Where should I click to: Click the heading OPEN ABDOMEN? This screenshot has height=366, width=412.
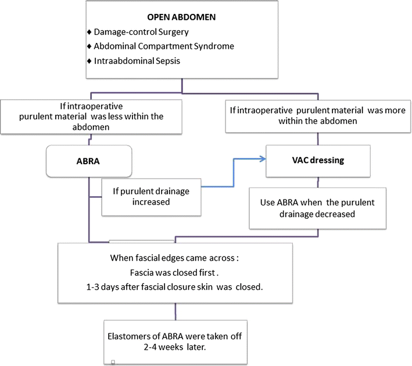pyautogui.click(x=182, y=17)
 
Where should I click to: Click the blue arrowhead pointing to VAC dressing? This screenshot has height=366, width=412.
pyautogui.click(x=261, y=158)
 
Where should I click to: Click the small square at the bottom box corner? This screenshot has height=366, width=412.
pyautogui.click(x=113, y=361)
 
